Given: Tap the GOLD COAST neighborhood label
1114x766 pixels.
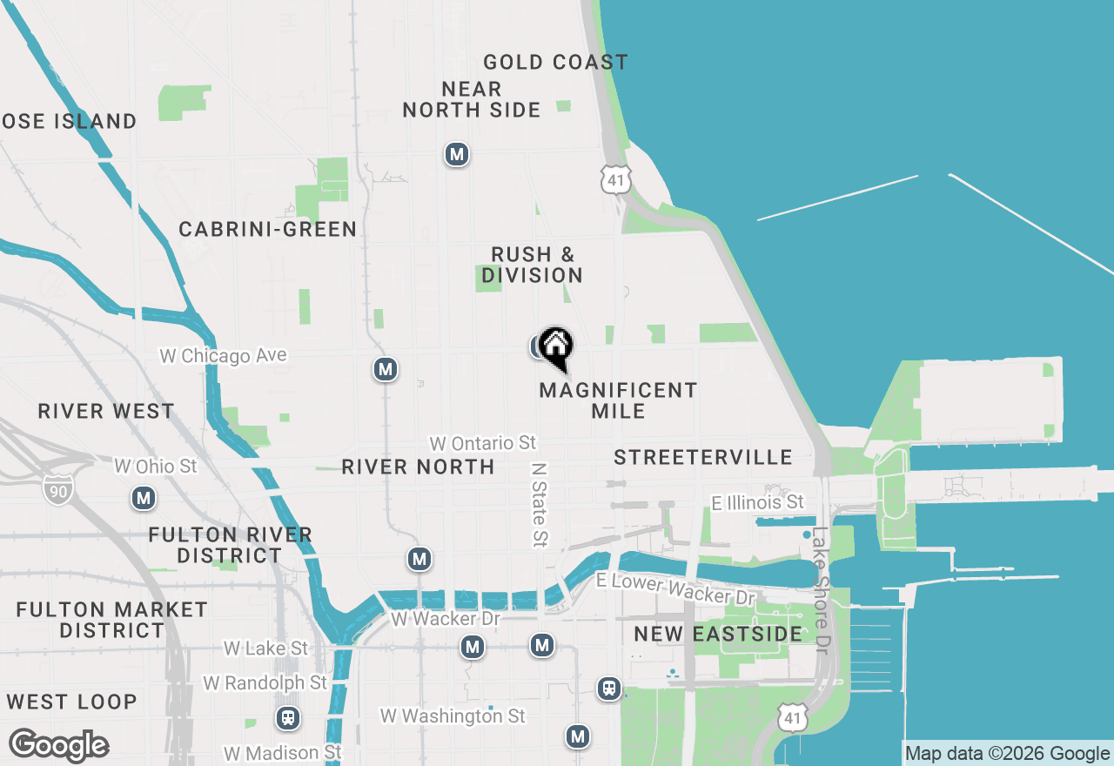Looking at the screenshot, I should [555, 63].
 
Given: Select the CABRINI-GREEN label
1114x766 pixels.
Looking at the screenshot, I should [267, 230].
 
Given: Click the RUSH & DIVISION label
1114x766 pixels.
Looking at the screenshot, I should [532, 265].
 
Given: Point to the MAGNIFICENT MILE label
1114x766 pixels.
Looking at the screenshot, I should [618, 400].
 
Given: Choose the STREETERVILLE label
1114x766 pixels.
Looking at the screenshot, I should [703, 458].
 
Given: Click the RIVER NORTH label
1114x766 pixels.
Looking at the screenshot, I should [418, 467].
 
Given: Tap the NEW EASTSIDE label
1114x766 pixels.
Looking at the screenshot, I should [718, 635].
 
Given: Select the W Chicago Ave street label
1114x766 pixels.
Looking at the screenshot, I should [223, 356].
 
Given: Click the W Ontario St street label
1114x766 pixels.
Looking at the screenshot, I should [483, 444].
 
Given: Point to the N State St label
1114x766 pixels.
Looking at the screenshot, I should [540, 504].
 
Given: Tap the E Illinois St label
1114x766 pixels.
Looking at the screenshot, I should [757, 503].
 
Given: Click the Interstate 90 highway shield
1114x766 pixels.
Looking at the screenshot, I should [57, 487].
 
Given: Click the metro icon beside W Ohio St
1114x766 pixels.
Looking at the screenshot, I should [144, 499].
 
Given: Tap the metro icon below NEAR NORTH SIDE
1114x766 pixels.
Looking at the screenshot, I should [457, 155].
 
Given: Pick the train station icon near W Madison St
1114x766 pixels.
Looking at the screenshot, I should [287, 719].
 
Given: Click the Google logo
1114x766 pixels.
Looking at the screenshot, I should [58, 746].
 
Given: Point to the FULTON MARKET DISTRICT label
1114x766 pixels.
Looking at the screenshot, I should [111, 620].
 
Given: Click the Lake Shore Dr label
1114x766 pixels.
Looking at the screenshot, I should [820, 591].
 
